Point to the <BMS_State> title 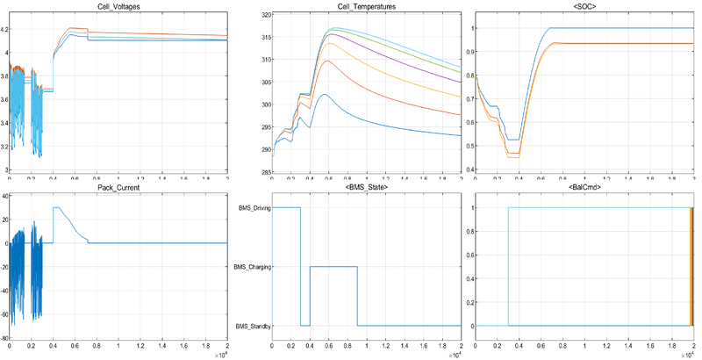coord(369,188)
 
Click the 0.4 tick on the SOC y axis coord(470,169)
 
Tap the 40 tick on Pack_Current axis coord(5,197)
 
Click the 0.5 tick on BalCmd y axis coord(470,267)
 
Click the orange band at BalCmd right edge coord(691,267)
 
